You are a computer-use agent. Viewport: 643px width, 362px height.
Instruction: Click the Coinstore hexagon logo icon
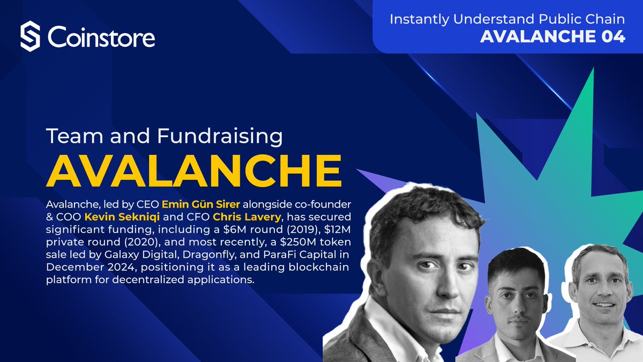pyautogui.click(x=30, y=37)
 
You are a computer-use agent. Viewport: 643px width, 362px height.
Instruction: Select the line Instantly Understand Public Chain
pyautogui.click(x=507, y=19)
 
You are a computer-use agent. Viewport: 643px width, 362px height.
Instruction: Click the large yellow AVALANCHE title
pyautogui.click(x=194, y=170)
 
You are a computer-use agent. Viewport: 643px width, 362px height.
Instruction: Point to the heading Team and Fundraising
pyautogui.click(x=164, y=136)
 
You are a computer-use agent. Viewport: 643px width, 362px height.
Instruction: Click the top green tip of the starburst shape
pyautogui.click(x=591, y=72)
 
